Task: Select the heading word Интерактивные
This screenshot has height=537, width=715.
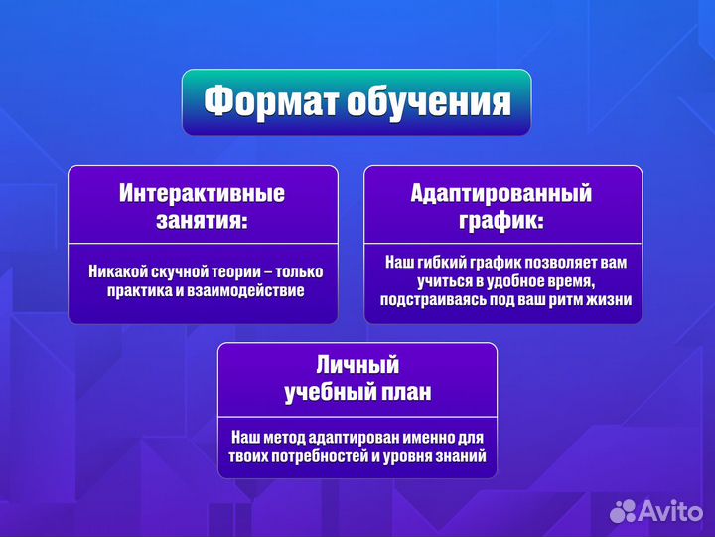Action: [x=203, y=193]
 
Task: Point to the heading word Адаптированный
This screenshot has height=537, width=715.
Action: [x=501, y=193]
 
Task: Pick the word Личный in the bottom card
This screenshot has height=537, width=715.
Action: [x=357, y=366]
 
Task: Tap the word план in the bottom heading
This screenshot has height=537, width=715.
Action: [x=407, y=392]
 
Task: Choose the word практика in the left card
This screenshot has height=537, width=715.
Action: [x=142, y=290]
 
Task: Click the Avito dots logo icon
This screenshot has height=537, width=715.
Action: [x=623, y=511]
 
